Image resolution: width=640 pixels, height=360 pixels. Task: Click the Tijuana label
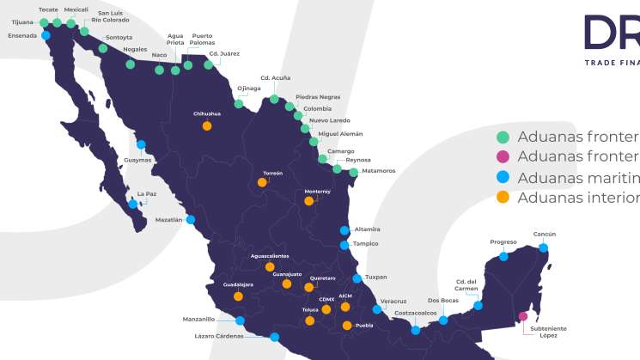(x=21, y=23)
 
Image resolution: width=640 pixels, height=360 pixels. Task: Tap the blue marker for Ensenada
(x=45, y=36)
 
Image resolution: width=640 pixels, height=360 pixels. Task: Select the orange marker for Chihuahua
(x=207, y=125)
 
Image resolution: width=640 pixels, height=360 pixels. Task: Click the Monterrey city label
(x=317, y=192)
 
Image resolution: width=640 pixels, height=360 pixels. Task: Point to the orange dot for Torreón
(x=262, y=182)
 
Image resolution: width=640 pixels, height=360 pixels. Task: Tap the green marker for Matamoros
(x=353, y=172)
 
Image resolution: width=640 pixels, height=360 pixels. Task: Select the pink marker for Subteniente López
(x=523, y=316)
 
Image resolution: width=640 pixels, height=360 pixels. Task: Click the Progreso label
(x=503, y=242)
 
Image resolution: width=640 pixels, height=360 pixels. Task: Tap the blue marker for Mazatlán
(x=191, y=220)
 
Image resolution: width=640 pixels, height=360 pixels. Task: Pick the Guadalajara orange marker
(x=239, y=296)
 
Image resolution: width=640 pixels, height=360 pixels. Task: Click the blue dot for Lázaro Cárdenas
(x=274, y=337)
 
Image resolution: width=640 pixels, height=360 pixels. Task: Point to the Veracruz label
(x=393, y=301)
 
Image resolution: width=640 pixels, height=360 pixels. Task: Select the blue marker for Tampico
(x=344, y=245)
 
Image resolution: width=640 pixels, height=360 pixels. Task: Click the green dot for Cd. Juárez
(x=209, y=64)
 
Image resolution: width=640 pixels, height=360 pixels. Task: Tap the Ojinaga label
(x=249, y=88)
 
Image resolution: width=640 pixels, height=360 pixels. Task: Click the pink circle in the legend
(x=503, y=156)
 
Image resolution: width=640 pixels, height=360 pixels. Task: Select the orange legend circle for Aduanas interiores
(x=503, y=198)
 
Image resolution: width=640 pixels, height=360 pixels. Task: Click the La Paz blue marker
(x=132, y=204)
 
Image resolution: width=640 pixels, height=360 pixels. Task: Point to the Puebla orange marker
(x=347, y=326)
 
